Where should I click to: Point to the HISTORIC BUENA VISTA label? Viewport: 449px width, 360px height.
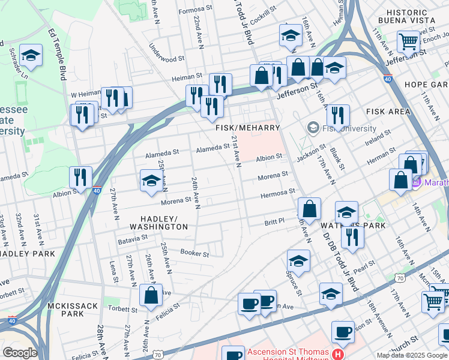coord(406,16)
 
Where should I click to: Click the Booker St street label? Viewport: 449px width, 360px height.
coord(194,254)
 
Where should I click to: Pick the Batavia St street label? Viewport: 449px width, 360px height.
coord(133,238)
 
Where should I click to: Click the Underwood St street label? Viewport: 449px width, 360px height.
coord(166,59)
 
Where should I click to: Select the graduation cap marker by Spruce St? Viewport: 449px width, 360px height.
coord(298,262)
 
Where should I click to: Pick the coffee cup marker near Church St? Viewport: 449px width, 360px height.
coord(343,332)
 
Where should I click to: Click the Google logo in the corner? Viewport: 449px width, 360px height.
coord(20,353)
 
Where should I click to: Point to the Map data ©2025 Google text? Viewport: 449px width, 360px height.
coord(411,355)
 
